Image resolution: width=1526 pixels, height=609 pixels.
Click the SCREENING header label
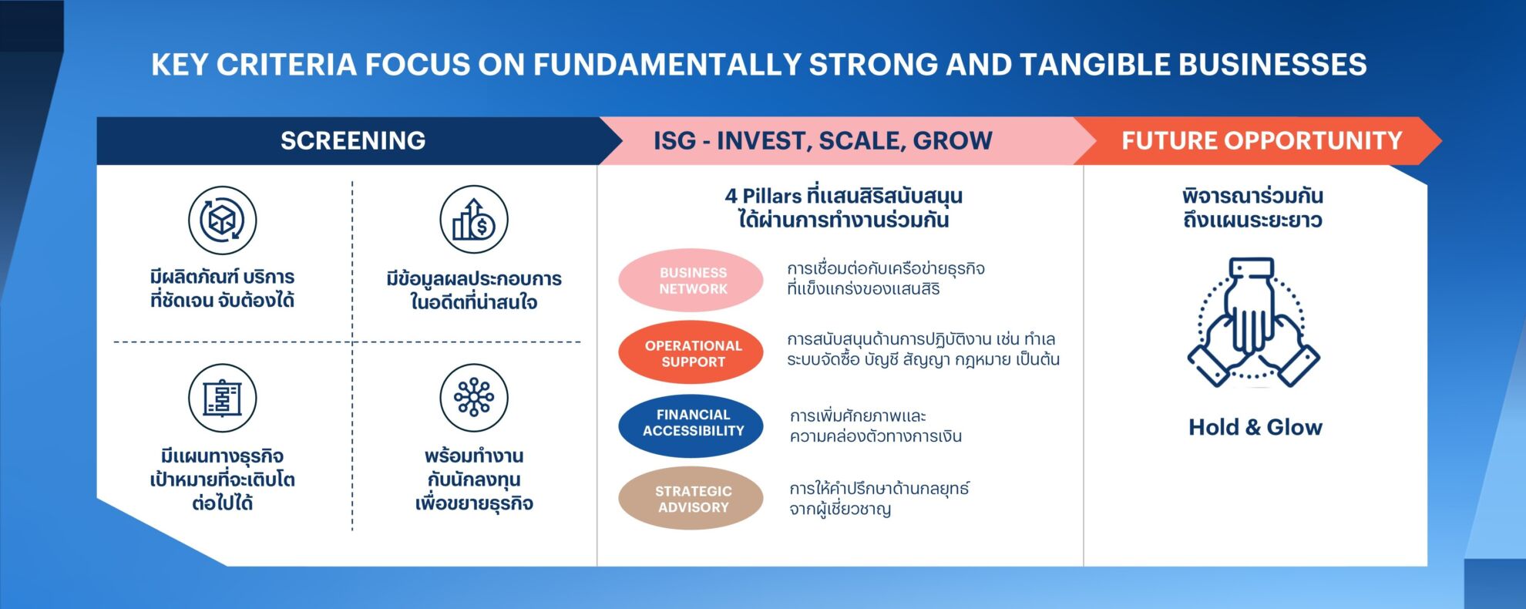pyautogui.click(x=353, y=140)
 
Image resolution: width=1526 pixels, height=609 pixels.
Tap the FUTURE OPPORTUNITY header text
pyautogui.click(x=1262, y=140)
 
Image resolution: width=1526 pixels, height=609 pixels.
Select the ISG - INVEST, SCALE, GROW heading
pyautogui.click(x=823, y=140)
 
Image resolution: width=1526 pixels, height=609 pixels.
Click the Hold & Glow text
pyautogui.click(x=1255, y=427)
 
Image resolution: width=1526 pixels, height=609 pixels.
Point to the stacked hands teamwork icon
pyautogui.click(x=1254, y=322)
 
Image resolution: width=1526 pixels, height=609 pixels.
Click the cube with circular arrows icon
pyautogui.click(x=223, y=220)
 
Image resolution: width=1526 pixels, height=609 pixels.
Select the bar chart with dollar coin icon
pyautogui.click(x=474, y=220)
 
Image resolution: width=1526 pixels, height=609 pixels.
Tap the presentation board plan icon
pyautogui.click(x=223, y=399)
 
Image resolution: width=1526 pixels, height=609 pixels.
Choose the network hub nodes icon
pyautogui.click(x=474, y=399)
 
